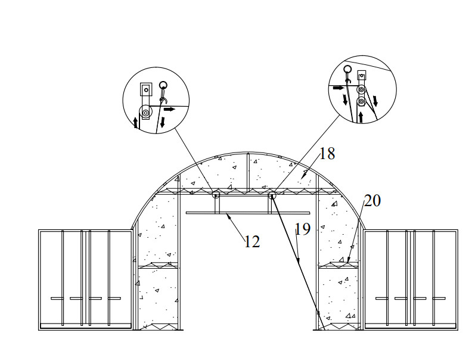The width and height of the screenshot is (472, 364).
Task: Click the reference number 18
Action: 327,154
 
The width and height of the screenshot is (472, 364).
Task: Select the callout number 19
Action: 303,229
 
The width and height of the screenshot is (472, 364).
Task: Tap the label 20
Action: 372,201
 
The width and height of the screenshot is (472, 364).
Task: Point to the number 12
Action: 252,241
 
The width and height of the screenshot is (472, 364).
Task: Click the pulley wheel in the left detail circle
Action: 145,112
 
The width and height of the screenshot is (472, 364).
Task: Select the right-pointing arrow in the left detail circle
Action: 169,109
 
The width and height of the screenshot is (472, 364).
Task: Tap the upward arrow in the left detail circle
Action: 136,123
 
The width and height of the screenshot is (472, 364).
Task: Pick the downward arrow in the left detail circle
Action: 163,122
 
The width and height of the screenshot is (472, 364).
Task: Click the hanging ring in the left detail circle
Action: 163,85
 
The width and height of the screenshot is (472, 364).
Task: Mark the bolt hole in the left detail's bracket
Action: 146,89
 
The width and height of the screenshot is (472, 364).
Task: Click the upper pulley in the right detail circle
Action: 361,89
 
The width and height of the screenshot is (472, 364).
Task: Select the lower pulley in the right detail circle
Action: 361,102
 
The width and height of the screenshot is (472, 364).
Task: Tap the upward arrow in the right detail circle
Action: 361,117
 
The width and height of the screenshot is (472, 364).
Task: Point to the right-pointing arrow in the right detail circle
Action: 339,88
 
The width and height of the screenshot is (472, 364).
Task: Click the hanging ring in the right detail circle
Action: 348,69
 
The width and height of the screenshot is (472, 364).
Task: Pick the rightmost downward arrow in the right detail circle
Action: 375,101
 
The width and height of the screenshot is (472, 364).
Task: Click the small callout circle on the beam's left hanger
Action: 216,195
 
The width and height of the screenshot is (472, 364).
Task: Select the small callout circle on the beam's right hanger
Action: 272,195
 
